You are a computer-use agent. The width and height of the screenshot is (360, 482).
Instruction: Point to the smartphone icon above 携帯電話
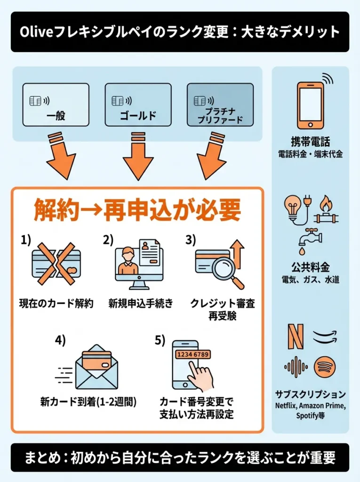click(x=311, y=104)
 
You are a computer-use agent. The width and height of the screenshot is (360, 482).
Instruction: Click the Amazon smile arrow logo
click(x=325, y=336)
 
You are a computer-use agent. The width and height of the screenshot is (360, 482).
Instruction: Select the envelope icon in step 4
click(x=96, y=366)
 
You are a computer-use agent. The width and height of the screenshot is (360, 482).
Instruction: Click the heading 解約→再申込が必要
click(x=137, y=210)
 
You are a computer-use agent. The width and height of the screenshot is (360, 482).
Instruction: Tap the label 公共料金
click(x=310, y=268)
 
